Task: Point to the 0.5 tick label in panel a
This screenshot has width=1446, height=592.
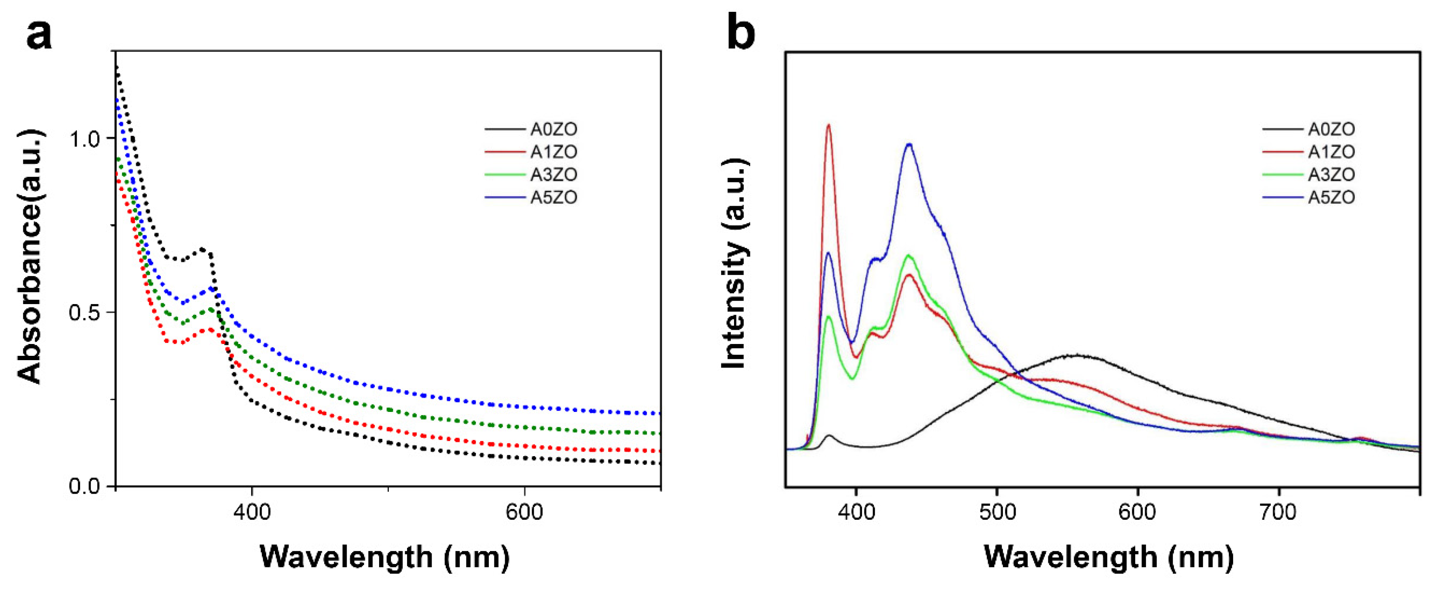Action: (x=84, y=312)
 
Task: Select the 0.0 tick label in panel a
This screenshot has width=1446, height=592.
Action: (x=84, y=486)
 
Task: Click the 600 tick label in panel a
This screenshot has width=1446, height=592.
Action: (x=524, y=512)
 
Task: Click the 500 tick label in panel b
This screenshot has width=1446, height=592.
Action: (x=996, y=512)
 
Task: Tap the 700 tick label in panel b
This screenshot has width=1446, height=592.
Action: (x=1278, y=512)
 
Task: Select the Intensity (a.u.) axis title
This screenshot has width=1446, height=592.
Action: (x=734, y=264)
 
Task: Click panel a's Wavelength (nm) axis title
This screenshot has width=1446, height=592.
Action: (x=385, y=557)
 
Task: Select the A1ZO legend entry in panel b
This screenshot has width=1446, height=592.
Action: (x=1331, y=152)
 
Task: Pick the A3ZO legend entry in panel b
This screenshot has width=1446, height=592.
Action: (x=1331, y=175)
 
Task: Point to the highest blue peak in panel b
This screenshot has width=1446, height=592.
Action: (x=909, y=145)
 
